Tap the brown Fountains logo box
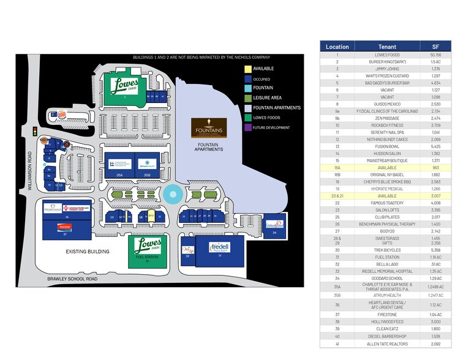pos(208,128)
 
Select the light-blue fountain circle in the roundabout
pos(172,195)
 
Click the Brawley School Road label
pos(73,279)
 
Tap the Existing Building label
pos(88,252)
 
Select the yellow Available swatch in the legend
pos(247,69)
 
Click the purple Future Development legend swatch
pos(247,127)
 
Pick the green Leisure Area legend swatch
pos(247,98)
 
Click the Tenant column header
pos(387,47)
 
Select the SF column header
pos(436,47)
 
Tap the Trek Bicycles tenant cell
pos(387,250)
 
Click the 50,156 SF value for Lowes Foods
pos(436,54)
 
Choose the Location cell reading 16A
pos(337,167)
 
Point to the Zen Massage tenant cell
pos(387,118)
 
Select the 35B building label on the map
pos(147,175)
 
